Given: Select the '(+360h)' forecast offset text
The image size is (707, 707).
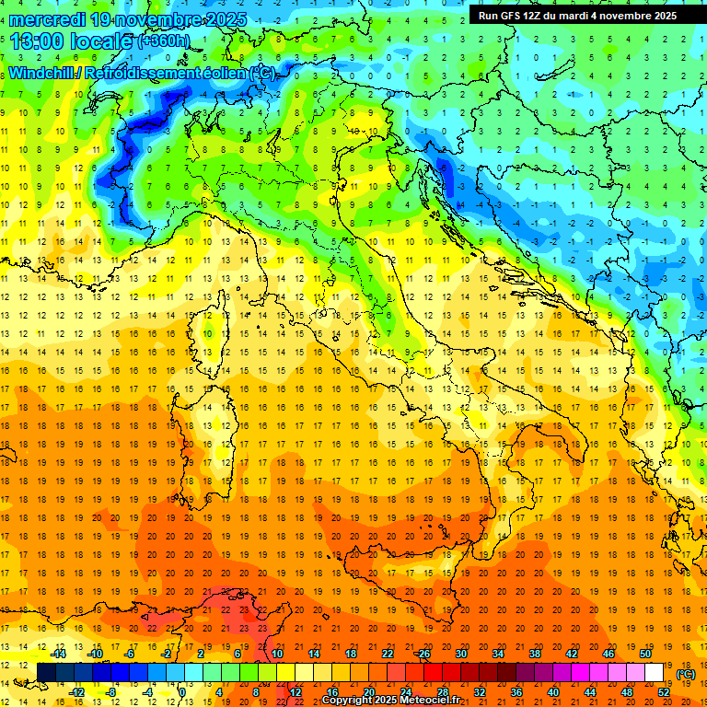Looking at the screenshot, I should click(x=162, y=41).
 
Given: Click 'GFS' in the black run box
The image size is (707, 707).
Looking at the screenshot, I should click(x=513, y=15).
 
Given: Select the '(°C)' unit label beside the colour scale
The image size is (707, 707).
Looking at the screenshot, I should click(x=686, y=673).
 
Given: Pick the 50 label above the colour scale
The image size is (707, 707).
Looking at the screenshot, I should click(x=644, y=654).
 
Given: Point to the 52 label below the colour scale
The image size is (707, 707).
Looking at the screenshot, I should click(x=664, y=691).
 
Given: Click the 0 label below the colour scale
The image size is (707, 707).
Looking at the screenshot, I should click(x=182, y=691).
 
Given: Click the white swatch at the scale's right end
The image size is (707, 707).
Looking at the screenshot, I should click(x=655, y=672).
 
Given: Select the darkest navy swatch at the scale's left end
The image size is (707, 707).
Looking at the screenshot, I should click(x=46, y=672).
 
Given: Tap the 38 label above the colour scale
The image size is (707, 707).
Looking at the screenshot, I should click(x=535, y=654).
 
